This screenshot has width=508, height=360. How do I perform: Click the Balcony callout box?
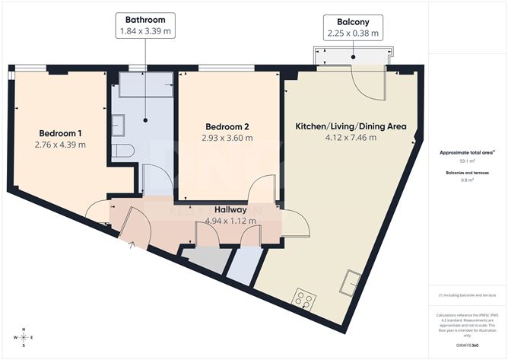click(x=351, y=27)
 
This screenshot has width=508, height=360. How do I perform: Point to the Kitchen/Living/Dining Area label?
click(x=351, y=126)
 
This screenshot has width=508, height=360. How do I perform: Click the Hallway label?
click(x=229, y=209)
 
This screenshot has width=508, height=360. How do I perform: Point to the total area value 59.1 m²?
click(x=467, y=161)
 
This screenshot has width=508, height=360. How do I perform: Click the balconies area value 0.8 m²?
click(x=467, y=180)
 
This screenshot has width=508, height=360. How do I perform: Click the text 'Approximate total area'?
click(x=465, y=153)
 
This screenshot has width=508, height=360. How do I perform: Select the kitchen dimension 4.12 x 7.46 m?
click(x=350, y=139)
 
